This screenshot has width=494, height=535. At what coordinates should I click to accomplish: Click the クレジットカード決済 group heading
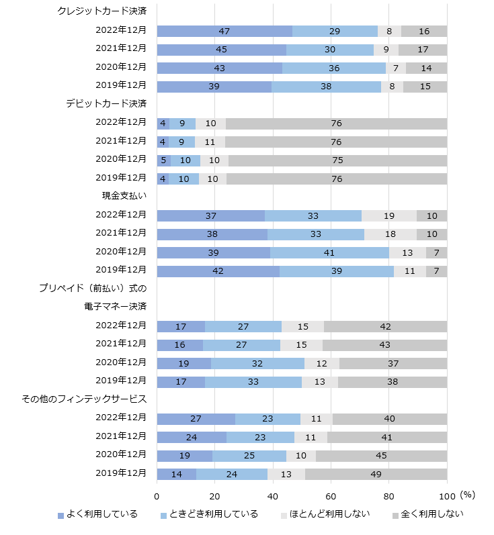(x=102, y=11)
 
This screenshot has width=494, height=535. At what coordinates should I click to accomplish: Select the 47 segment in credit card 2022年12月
(x=224, y=31)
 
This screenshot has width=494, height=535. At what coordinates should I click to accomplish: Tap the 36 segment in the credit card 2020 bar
(x=334, y=68)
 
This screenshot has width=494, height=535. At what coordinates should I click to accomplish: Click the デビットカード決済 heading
(x=106, y=103)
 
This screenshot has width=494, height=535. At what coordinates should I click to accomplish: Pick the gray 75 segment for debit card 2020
(x=337, y=160)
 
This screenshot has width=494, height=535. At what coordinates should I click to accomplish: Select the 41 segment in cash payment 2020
(x=329, y=252)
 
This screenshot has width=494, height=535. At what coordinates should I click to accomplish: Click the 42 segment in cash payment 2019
(x=218, y=271)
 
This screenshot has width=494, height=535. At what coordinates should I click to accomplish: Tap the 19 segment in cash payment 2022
(x=389, y=215)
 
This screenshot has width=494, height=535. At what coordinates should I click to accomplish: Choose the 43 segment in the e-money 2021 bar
(x=384, y=345)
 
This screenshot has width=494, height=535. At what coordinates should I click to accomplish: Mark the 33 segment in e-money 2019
(x=253, y=382)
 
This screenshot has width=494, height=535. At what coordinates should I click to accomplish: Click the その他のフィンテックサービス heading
(x=84, y=399)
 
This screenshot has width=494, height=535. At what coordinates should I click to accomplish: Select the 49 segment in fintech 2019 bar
(x=376, y=474)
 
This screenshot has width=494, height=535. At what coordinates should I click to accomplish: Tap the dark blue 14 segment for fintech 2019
(x=177, y=474)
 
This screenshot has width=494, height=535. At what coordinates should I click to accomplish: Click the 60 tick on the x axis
(x=331, y=496)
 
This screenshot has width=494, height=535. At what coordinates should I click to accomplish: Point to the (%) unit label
(x=467, y=495)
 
